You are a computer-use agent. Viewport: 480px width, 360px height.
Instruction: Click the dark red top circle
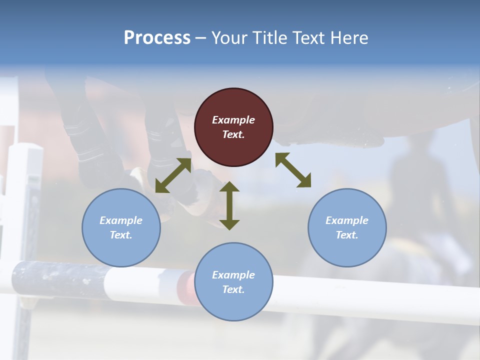click(233, 127)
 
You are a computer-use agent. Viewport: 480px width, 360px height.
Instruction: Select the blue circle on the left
click(121, 227)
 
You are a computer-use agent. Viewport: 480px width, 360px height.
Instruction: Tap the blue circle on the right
click(347, 227)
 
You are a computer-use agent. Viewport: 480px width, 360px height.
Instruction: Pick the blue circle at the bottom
click(233, 281)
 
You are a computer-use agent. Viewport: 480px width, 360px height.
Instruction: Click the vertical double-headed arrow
click(229, 205)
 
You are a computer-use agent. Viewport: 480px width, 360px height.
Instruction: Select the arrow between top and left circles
click(173, 175)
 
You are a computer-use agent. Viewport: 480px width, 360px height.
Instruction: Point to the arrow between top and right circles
click(293, 170)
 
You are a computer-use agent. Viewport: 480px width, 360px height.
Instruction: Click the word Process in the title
click(157, 37)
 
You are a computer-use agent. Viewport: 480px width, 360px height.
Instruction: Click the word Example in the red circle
click(233, 120)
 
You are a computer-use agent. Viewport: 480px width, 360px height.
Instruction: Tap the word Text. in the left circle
click(121, 235)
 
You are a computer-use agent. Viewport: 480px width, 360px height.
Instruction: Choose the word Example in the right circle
click(347, 220)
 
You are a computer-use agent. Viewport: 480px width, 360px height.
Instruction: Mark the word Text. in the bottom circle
click(233, 289)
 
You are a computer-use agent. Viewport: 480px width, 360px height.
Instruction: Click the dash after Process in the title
click(201, 38)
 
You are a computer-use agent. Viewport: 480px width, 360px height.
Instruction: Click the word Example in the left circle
click(121, 220)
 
